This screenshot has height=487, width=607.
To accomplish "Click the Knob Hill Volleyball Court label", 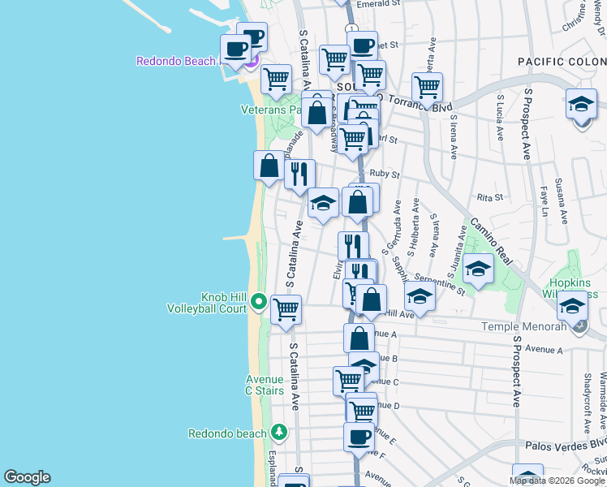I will click(x=206, y=303).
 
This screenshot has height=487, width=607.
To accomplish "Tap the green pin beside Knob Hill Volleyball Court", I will click(x=259, y=302).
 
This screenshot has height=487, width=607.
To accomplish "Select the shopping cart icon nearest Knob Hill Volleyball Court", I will click(x=286, y=309).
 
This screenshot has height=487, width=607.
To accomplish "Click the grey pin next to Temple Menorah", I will click(x=578, y=326).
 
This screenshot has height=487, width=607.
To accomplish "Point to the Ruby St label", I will click(x=385, y=174).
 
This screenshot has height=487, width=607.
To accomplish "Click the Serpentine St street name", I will click(x=443, y=285).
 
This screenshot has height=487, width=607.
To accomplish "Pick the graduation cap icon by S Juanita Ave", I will click(x=479, y=268).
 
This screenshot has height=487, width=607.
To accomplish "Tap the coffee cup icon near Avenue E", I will click(x=359, y=437).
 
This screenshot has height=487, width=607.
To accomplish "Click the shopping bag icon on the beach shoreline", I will click(x=269, y=166).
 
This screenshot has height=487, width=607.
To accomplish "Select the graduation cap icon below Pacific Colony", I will click(x=581, y=105).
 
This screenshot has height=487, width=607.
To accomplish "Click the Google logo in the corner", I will click(x=27, y=477).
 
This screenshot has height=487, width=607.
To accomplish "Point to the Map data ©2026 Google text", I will click(x=557, y=481).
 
